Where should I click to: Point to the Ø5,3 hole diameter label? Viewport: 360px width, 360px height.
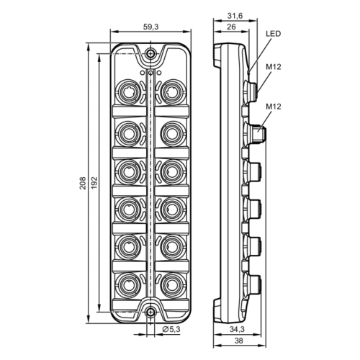point(171,330)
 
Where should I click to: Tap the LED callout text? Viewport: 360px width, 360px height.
point(273,33)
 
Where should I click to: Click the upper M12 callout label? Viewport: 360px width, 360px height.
point(273,68)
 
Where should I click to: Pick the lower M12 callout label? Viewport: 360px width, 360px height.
point(273,107)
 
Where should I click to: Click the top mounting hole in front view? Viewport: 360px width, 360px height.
point(150,55)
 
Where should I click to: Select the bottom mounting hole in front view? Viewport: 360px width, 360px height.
point(150,312)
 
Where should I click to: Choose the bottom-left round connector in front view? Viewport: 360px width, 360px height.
point(128,280)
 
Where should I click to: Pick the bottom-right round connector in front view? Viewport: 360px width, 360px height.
point(171,280)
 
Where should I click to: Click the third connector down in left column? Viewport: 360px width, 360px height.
point(128,167)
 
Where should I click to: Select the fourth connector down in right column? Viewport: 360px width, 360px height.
point(171,205)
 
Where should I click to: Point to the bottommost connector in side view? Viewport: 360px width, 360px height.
point(253,280)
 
